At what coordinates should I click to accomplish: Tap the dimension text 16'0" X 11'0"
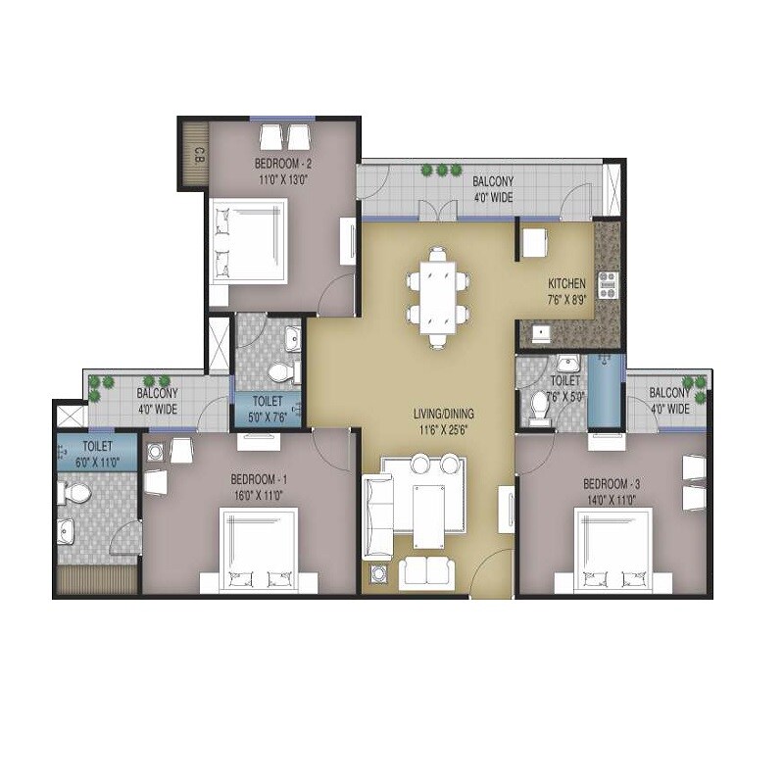[x=259, y=494]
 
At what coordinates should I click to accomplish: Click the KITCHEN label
[x=566, y=284]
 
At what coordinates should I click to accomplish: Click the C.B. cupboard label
[x=198, y=154]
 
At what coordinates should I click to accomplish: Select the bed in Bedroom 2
[x=250, y=241]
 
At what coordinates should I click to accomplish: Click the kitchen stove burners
[x=607, y=283]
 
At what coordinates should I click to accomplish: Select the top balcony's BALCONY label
[x=493, y=182]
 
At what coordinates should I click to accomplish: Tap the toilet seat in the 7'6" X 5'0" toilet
[x=539, y=406]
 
